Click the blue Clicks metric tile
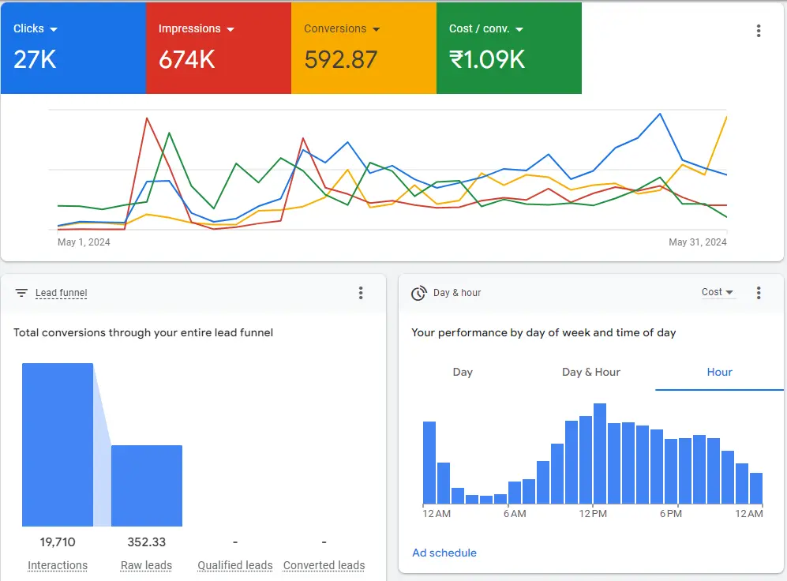click(x=73, y=47)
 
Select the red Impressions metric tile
click(x=218, y=47)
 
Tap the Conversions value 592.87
click(x=340, y=60)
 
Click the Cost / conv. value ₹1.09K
click(x=486, y=60)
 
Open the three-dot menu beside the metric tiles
click(x=759, y=31)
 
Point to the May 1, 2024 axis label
click(x=84, y=242)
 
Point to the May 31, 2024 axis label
click(x=698, y=242)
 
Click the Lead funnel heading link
click(x=61, y=293)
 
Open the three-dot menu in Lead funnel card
click(x=361, y=293)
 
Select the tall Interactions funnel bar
click(x=58, y=444)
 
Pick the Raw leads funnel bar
click(x=146, y=485)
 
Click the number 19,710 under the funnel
click(x=58, y=542)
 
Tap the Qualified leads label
click(x=235, y=565)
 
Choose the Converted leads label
click(x=324, y=565)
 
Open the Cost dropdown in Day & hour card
click(x=718, y=292)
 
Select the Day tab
click(x=463, y=372)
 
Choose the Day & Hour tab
click(x=591, y=372)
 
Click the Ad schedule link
click(x=444, y=553)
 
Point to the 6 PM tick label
click(x=670, y=514)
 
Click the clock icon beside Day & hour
click(x=418, y=293)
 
